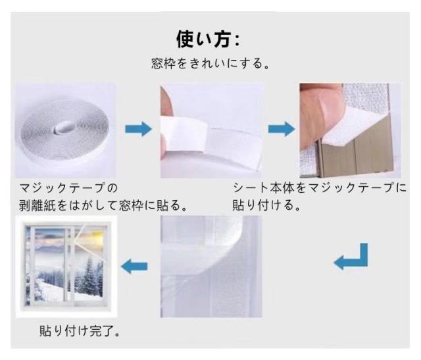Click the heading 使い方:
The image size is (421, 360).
tap(208, 39)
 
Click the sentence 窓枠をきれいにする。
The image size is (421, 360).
tap(210, 64)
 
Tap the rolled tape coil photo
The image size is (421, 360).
tap(65, 130)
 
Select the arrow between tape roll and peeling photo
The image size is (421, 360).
tap(139, 129)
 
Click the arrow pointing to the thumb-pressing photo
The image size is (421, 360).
tap(282, 129)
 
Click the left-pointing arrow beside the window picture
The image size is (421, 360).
tap(134, 266)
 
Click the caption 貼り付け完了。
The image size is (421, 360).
tap(80, 331)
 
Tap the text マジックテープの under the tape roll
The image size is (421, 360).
tap(68, 188)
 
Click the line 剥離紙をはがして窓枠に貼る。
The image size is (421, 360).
tap(103, 205)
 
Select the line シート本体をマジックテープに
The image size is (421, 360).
tap(320, 188)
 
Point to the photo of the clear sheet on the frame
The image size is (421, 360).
tap(211, 267)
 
